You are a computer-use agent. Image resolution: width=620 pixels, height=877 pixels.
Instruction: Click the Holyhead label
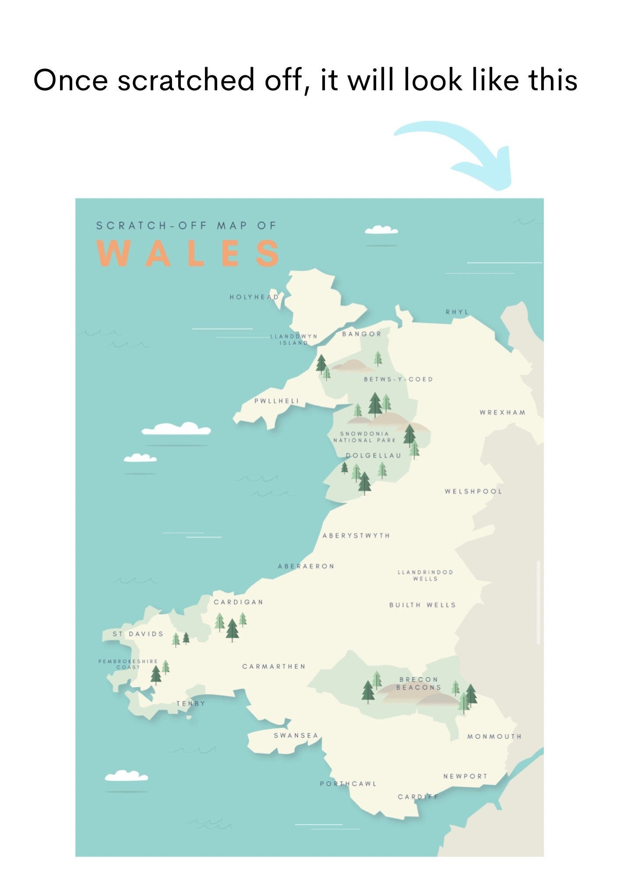coord(254,297)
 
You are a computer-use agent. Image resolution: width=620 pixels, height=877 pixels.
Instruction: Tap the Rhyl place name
coord(457,312)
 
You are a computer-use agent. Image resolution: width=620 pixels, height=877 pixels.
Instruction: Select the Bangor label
coord(362,334)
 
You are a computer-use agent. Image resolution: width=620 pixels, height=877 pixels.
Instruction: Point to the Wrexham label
coord(502,412)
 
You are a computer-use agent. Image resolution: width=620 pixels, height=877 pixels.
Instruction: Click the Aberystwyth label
coord(356,536)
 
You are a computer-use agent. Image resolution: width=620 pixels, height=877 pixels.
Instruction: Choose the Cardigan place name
coord(239,602)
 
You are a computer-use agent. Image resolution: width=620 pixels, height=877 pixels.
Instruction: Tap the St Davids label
coord(138,634)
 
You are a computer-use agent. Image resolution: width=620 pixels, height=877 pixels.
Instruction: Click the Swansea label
coord(296,735)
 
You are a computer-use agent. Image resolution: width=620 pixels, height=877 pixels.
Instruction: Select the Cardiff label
coord(418,796)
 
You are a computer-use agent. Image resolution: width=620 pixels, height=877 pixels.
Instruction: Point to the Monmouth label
coord(494,736)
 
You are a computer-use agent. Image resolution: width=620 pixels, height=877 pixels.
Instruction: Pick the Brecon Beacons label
coord(419,683)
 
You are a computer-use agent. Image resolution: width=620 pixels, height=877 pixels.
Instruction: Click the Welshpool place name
coord(473,491)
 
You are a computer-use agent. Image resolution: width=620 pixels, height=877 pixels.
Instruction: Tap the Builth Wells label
coord(423,605)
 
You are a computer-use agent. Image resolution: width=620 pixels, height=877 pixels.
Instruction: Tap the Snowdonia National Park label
coord(364,437)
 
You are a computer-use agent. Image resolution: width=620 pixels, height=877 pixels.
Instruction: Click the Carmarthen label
coord(274,667)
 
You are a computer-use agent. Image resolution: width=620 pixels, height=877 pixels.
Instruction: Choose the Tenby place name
coord(191,703)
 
